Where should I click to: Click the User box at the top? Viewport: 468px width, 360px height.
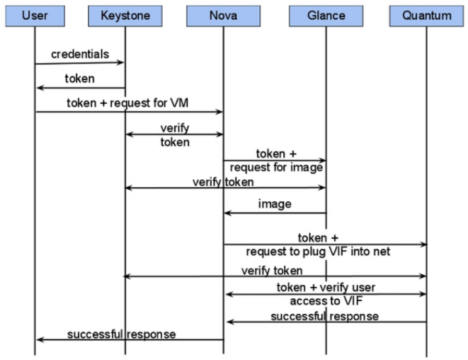pos(35,15)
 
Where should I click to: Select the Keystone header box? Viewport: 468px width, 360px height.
pos(125,15)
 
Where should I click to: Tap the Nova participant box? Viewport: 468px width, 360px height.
pos(223,15)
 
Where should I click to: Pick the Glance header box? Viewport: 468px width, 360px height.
pos(326,15)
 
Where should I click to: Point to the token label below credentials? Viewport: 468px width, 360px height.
pos(80,79)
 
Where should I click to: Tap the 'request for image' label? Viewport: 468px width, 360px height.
pos(276,167)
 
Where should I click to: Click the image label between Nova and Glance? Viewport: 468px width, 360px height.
pos(275,203)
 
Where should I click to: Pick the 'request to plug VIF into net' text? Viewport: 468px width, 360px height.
pos(318,252)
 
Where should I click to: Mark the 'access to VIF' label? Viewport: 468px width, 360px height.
pos(325,300)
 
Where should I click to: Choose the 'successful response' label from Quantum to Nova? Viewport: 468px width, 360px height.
pos(324,315)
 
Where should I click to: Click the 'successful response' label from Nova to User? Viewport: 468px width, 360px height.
pos(121,333)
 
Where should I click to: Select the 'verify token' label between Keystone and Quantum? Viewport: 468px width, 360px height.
pos(272,270)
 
